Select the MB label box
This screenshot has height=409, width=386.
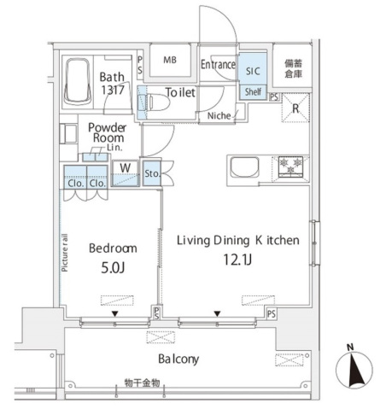[x=170, y=61]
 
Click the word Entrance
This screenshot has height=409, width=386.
[x=218, y=64]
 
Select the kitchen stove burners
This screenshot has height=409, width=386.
[x=291, y=167]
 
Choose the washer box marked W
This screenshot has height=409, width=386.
[x=125, y=167]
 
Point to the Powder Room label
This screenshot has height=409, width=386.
[x=107, y=132]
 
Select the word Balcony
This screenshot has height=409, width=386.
[x=178, y=359]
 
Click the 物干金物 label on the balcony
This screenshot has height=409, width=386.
[x=140, y=384]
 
